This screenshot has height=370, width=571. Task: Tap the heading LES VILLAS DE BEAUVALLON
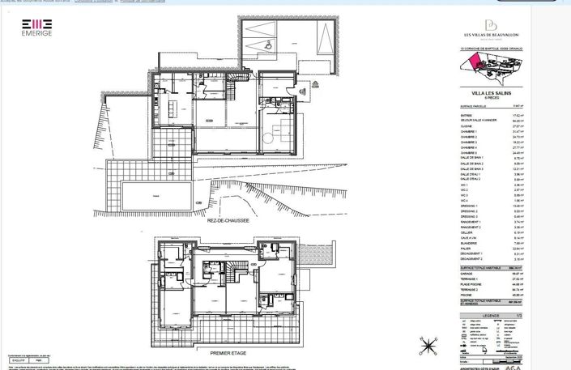pos(490,34)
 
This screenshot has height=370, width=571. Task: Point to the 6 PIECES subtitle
pos(490,98)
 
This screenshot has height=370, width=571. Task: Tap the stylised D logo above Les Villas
pos(490,24)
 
